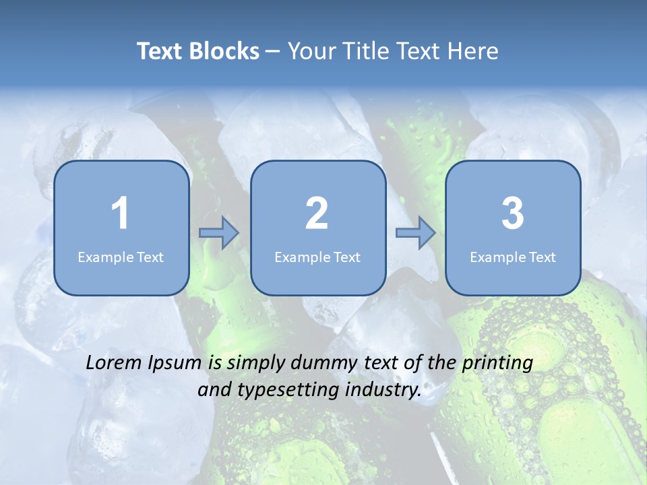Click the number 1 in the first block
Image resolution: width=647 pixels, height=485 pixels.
120,214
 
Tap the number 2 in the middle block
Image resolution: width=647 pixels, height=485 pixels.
317,214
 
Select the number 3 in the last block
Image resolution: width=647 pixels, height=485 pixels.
513,214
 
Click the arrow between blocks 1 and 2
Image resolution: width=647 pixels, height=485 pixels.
219,233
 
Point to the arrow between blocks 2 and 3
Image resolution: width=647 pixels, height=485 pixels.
416,233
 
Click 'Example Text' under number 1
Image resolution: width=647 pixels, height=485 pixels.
121,257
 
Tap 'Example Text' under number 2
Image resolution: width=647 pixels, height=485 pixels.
317,257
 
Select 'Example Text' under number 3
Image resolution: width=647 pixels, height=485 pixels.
513,257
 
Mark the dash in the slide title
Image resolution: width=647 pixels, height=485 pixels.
273,52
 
